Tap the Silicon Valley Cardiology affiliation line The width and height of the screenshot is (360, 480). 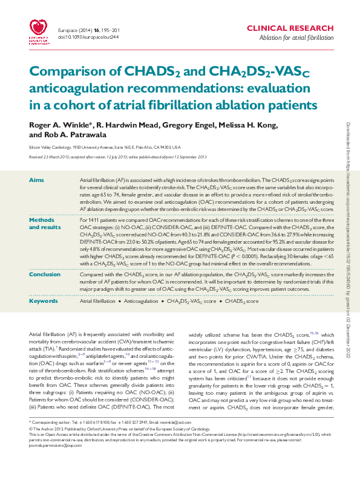coord(105,147)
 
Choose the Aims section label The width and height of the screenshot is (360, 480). coord(36,181)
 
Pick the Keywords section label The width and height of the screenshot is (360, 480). coord(44,300)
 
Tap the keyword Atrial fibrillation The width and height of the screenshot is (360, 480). coord(98,300)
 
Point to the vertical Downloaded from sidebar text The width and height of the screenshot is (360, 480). coord(348,242)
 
